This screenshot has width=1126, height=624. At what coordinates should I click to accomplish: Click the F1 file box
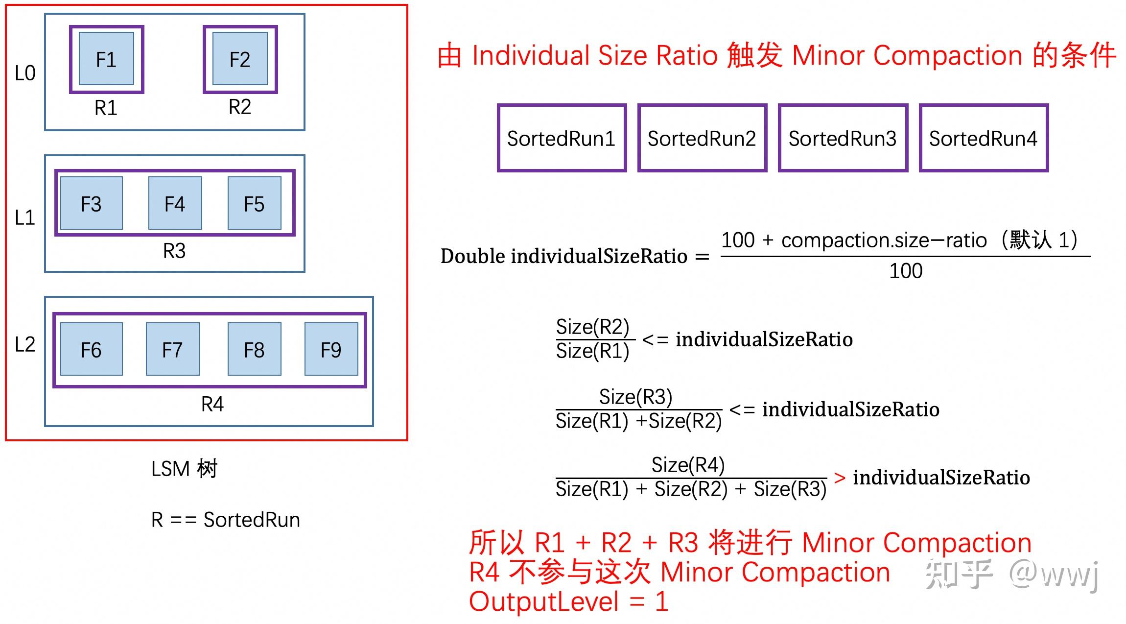tap(106, 59)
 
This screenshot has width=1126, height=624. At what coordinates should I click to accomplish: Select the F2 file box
tap(240, 59)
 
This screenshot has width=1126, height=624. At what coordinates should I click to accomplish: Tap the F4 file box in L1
tap(175, 203)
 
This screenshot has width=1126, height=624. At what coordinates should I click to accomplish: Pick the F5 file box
tap(254, 203)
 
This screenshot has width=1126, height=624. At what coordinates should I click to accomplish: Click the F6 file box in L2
tap(91, 349)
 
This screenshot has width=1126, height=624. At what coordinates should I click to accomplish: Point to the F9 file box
tap(331, 349)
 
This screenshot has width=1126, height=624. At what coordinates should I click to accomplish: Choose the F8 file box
tap(254, 349)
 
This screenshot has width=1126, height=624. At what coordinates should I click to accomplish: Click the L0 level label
tap(25, 73)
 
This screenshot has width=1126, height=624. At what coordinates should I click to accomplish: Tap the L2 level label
tap(25, 344)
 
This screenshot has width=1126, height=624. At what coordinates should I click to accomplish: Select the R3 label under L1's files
tap(174, 251)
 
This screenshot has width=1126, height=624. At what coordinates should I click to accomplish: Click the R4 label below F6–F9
tap(212, 404)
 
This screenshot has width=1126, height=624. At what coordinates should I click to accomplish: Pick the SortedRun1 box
tap(562, 138)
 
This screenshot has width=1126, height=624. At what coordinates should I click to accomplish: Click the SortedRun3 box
tap(843, 138)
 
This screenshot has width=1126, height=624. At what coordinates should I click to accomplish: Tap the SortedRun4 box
tap(984, 138)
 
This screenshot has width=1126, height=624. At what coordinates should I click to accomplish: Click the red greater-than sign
tap(840, 478)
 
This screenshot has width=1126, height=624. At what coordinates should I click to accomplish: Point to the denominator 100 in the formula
tap(906, 271)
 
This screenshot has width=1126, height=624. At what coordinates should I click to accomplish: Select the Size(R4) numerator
tap(688, 465)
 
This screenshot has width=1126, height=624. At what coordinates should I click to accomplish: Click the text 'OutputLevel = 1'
tap(568, 601)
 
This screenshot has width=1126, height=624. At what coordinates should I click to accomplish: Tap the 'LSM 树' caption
tap(184, 469)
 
